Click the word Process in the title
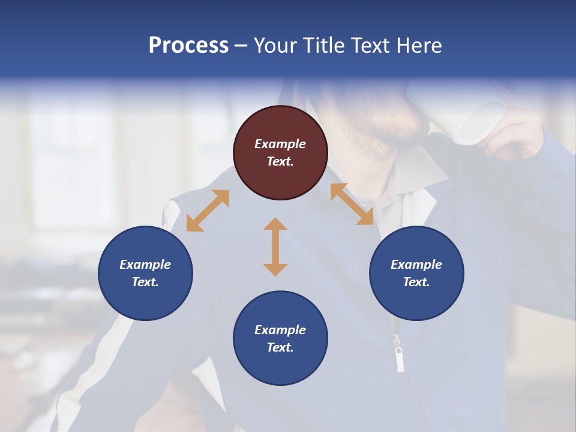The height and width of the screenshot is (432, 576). point(188,46)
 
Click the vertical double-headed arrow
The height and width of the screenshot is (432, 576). point(275,247)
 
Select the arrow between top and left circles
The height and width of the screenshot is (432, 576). point(208,211)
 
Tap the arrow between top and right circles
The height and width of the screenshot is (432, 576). point(352,205)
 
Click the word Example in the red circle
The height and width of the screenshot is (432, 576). point(280,144)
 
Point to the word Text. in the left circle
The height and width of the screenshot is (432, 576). point(145,282)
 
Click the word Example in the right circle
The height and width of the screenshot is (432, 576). point(416,265)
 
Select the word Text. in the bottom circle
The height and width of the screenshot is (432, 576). point(280,347)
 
